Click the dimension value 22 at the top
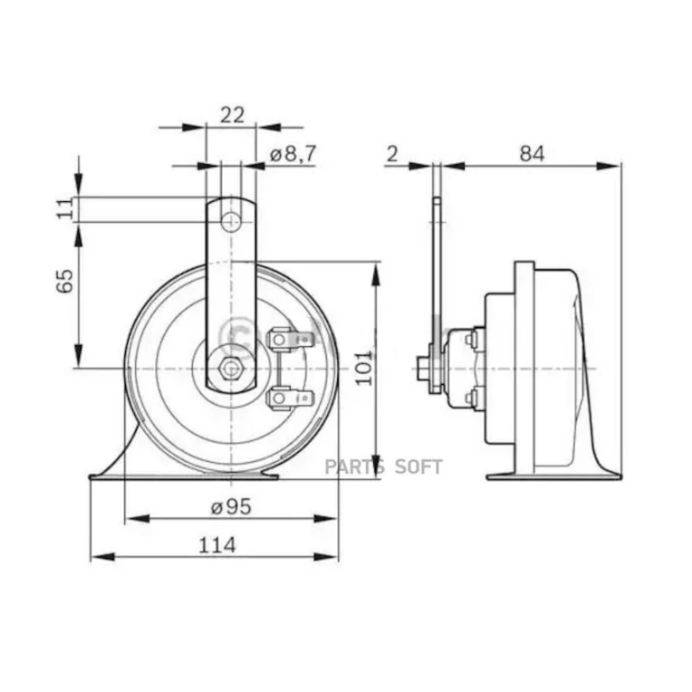point(232,114)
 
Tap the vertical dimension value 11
point(62,209)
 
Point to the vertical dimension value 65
point(63,284)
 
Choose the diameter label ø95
point(231,507)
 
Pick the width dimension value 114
point(215,544)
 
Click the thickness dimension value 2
point(391,154)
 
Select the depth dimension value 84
point(532,154)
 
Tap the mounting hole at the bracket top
point(232,220)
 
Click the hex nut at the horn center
point(231,369)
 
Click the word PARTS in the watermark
point(355,467)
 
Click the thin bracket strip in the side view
point(437,272)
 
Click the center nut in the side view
point(423,369)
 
